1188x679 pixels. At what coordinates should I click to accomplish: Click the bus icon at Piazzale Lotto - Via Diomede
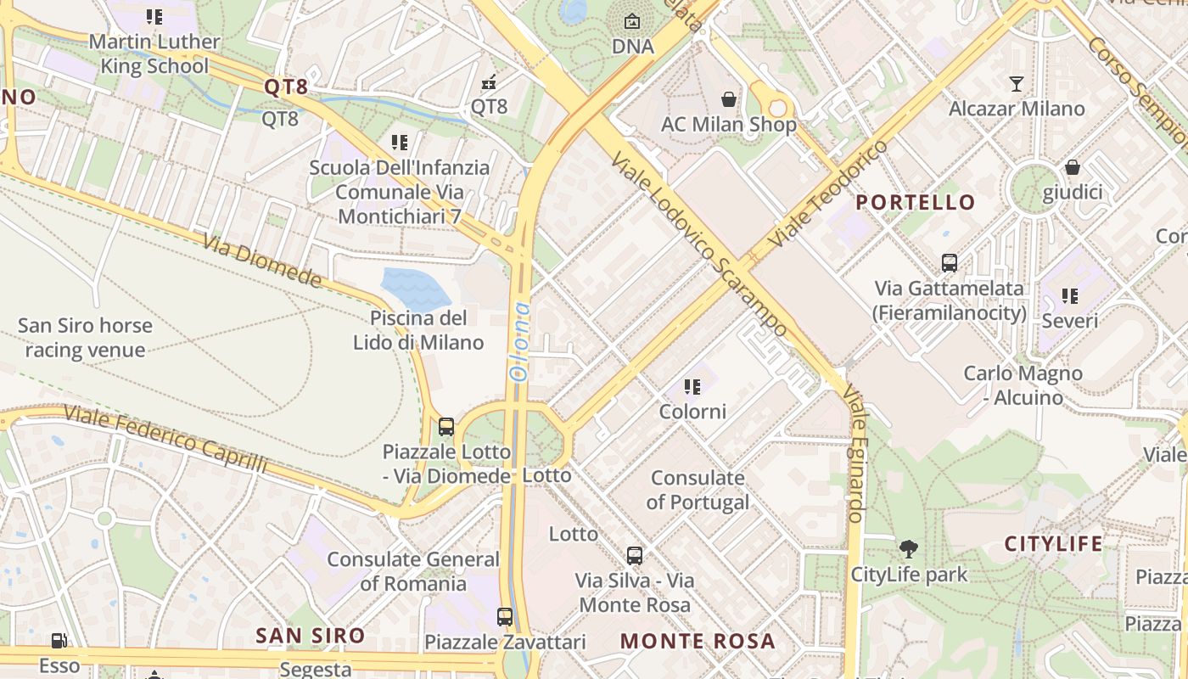(446, 427)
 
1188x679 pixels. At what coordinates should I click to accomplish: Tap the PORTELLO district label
(916, 202)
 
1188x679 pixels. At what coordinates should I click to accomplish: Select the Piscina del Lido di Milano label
(418, 330)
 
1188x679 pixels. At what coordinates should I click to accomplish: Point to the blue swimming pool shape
(415, 288)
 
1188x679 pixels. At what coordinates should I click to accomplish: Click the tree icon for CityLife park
(909, 549)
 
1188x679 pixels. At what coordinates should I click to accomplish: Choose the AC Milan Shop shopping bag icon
(728, 99)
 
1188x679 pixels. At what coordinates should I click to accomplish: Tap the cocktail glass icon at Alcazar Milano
(1017, 83)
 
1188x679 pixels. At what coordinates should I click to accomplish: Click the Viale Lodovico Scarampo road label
(698, 244)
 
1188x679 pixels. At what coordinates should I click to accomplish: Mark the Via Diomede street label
(262, 261)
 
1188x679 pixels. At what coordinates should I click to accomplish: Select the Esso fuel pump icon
(59, 641)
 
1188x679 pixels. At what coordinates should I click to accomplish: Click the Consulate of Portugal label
(698, 490)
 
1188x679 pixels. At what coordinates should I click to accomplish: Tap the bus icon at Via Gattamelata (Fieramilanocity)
(950, 263)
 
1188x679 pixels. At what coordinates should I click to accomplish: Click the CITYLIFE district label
(1053, 543)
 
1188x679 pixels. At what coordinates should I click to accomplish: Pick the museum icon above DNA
(632, 21)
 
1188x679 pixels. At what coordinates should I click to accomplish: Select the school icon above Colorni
(692, 387)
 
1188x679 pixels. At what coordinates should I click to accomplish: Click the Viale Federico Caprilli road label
(165, 440)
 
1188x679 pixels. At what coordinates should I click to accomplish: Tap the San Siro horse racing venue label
(85, 337)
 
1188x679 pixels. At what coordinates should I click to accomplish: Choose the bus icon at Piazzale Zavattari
(505, 617)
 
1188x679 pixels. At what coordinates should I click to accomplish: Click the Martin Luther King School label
(154, 53)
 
